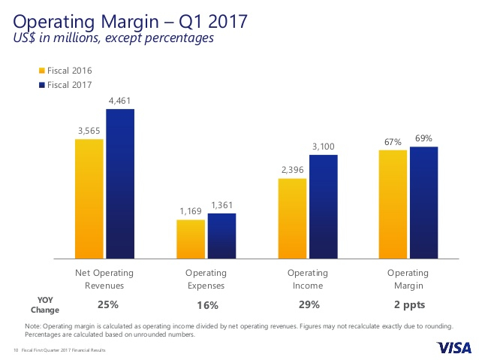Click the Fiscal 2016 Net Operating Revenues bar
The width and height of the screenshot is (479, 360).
coord(89,199)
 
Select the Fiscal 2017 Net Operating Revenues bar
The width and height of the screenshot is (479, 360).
coord(120,184)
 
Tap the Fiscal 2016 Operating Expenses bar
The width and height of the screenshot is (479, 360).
coord(191,239)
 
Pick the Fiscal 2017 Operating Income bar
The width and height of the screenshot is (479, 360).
coord(324,207)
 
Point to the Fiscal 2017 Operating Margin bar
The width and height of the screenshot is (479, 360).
coord(424,203)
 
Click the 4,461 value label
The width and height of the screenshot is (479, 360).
coord(120,100)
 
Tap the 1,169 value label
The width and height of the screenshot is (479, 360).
coord(190,210)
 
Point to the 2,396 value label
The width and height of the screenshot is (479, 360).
coord(291,169)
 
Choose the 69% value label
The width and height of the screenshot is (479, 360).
coord(423,138)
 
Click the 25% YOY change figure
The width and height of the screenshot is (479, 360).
coord(107,304)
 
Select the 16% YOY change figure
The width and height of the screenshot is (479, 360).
coord(208,305)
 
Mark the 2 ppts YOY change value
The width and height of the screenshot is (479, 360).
coord(408,304)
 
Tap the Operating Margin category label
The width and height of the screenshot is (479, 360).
coord(408,279)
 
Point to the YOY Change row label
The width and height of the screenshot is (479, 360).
coord(45,304)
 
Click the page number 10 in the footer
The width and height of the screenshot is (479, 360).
coord(16,350)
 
